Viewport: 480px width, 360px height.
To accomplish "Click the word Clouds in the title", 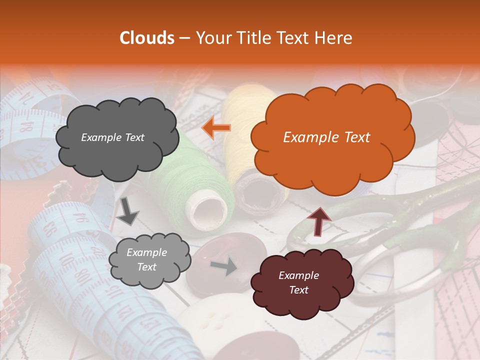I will (x=147, y=38).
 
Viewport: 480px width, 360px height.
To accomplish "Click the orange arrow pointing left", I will (x=216, y=128).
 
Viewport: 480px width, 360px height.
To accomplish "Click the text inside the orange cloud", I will (x=326, y=137).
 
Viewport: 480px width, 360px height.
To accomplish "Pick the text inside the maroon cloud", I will (x=298, y=282).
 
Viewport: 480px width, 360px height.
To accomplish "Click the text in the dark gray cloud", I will (x=112, y=137).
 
